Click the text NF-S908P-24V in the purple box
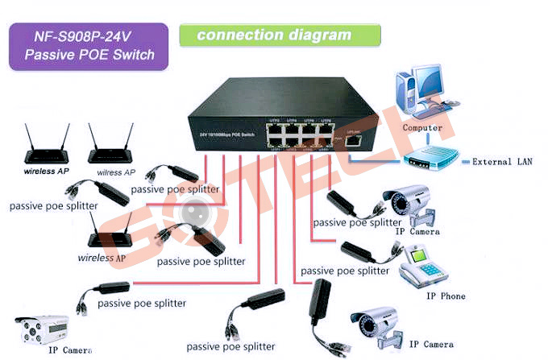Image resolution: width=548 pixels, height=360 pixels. (x=89, y=37)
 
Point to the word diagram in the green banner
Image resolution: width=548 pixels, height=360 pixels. (x=322, y=35)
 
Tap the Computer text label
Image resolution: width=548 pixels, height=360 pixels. (x=422, y=127)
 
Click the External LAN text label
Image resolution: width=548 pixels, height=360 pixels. (x=502, y=161)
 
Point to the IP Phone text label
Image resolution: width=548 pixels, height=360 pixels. (x=446, y=296)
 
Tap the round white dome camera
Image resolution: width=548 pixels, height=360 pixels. (x=194, y=212)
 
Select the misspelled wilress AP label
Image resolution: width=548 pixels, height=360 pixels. (x=116, y=172)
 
